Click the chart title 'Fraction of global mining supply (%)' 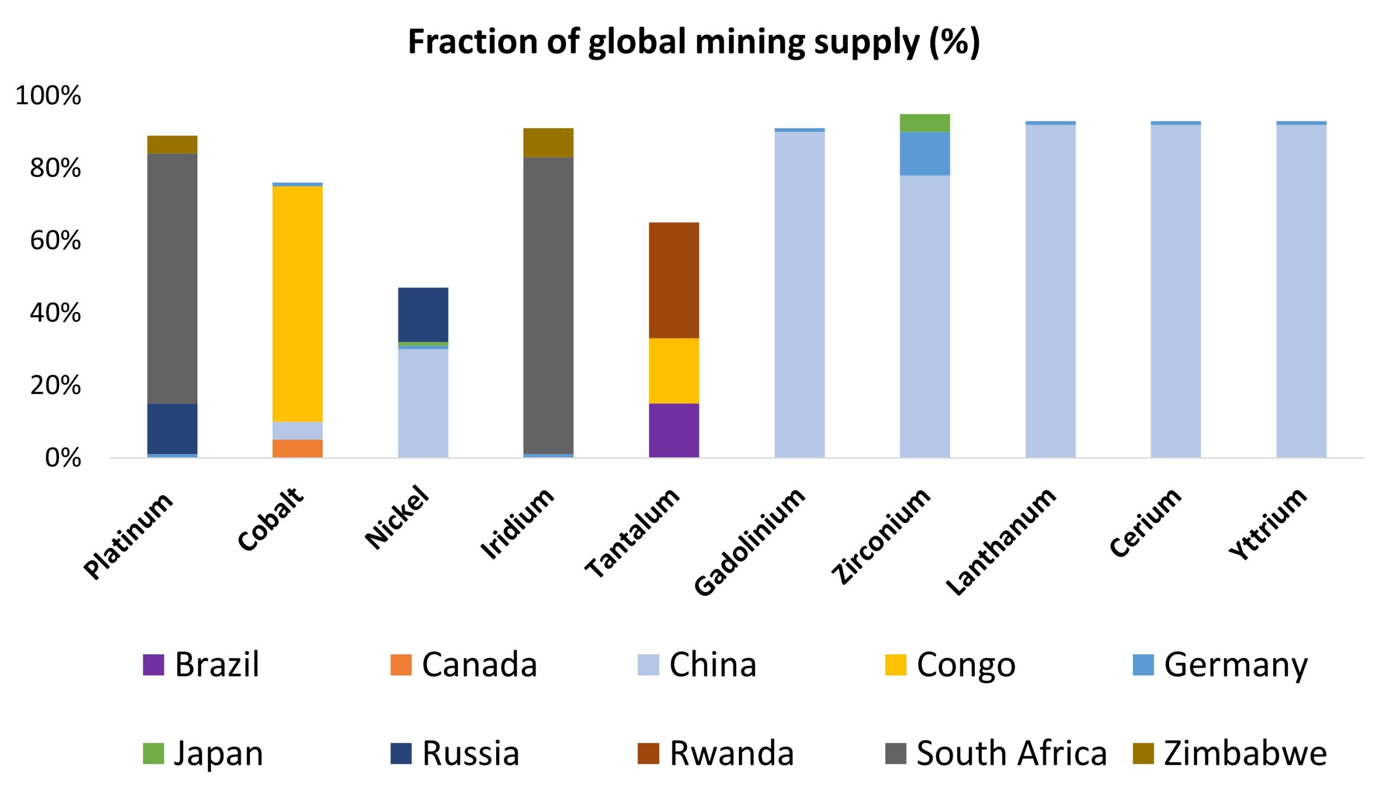coord(693,42)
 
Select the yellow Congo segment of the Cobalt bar coord(298,303)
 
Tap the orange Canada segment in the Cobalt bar coord(298,449)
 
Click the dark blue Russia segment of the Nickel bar coord(423,315)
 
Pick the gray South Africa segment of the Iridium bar coord(548,306)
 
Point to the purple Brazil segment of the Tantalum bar coord(673,430)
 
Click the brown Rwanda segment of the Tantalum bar coord(673,280)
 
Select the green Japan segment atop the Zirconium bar coord(925,123)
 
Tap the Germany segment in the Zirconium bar coord(925,154)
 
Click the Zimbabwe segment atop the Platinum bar coord(172,144)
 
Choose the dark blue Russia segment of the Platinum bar coord(172,429)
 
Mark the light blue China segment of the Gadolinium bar coord(799,295)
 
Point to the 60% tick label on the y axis coord(55,241)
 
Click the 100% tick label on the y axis coord(48,96)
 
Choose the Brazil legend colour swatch coord(153,665)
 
